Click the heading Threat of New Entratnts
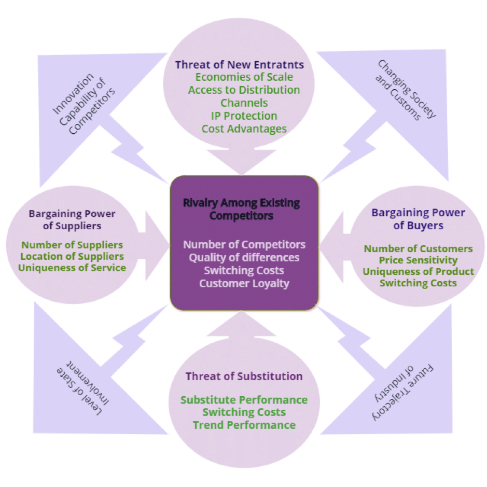tap(239, 65)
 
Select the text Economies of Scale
tap(244, 77)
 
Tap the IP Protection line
tap(244, 116)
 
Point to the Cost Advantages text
tap(244, 129)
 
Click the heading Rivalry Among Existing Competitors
tap(242, 208)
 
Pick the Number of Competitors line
tap(244, 244)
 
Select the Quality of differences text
tap(244, 257)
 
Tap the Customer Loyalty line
tap(244, 283)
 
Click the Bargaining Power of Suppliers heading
tap(72, 219)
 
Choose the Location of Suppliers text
tap(72, 256)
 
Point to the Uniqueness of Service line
tap(72, 268)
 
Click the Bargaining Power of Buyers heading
tap(418, 219)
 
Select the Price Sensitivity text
tap(418, 260)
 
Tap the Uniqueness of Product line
tap(418, 272)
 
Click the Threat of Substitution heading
tap(244, 376)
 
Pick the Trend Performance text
tap(244, 425)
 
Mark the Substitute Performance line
tap(244, 400)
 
